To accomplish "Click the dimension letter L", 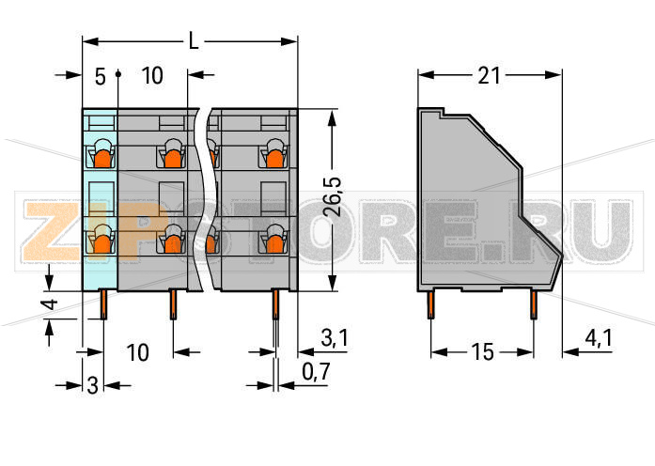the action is (193, 41).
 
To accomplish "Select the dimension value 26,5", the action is (333, 196).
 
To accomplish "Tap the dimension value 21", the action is (490, 76).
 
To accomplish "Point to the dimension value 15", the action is (483, 352).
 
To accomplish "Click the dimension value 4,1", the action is (599, 338).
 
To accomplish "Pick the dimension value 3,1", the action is (335, 338).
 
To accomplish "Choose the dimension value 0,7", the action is (316, 371).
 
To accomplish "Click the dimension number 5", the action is (101, 77).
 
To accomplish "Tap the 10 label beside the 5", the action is (152, 76).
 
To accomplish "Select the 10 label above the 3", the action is (137, 353).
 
